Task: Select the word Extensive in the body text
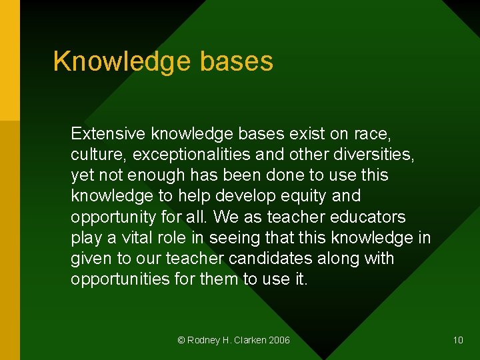click(108, 133)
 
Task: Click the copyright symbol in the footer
click(181, 340)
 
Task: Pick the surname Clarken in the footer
click(249, 340)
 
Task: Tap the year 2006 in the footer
click(279, 340)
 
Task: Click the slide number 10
click(458, 340)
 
